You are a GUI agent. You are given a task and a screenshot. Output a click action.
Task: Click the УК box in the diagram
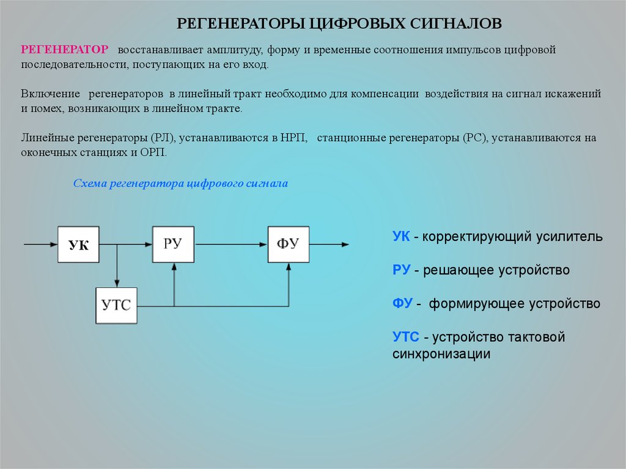pyautogui.click(x=78, y=245)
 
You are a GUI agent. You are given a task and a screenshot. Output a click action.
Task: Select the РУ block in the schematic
pyautogui.click(x=173, y=245)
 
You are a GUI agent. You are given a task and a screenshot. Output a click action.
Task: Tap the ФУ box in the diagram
pyautogui.click(x=288, y=245)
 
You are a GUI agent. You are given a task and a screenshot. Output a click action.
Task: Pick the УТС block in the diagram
pyautogui.click(x=116, y=305)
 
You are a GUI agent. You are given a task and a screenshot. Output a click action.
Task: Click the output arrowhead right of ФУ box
pyautogui.click(x=345, y=245)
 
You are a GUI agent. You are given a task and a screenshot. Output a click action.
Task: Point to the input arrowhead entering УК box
pyautogui.click(x=53, y=245)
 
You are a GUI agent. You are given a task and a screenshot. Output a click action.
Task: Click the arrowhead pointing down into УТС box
pyautogui.click(x=116, y=283)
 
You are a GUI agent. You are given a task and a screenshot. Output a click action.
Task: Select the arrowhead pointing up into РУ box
pyautogui.click(x=174, y=267)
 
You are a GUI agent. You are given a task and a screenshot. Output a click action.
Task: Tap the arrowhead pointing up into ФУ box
pyautogui.click(x=289, y=267)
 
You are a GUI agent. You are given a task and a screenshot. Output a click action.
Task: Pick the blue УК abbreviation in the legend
pyautogui.click(x=401, y=237)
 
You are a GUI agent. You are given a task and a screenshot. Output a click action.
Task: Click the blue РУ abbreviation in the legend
pyautogui.click(x=401, y=270)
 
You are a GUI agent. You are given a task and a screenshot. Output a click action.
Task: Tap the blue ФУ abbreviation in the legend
pyautogui.click(x=402, y=303)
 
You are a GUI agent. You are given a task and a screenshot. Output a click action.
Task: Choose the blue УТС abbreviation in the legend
pyautogui.click(x=406, y=337)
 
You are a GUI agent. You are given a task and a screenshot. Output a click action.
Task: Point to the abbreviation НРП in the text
pyautogui.click(x=296, y=138)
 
